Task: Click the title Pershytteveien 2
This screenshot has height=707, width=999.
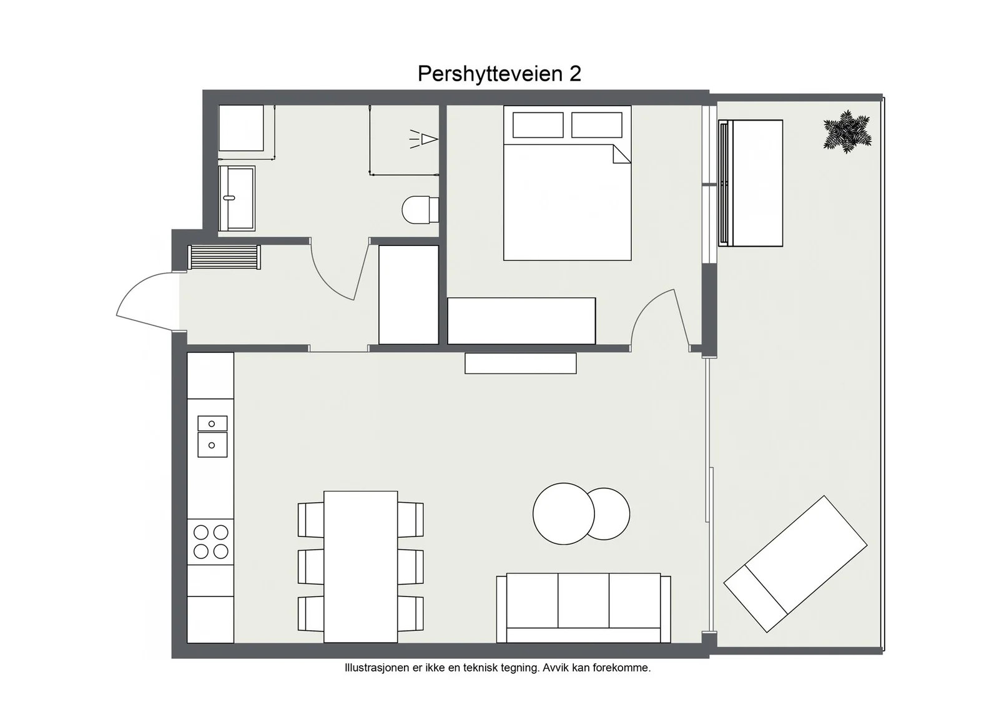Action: point(499,74)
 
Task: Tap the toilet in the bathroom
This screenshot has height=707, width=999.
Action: point(420,210)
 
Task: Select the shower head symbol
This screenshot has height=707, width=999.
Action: point(424,139)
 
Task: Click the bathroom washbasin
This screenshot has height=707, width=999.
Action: point(237,199)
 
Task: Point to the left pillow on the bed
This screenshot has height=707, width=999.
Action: point(538,125)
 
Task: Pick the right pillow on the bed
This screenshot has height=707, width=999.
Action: point(597,125)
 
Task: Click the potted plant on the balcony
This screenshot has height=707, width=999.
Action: point(847,132)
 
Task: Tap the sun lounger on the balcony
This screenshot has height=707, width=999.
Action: point(795,564)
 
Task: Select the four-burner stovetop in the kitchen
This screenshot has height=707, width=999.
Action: point(210,542)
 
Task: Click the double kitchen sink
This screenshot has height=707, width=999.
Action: point(212,436)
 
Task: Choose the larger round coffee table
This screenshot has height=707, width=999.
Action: point(563,514)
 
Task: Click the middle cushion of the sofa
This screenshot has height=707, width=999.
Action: point(583,600)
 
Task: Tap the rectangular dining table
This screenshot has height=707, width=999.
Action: point(360,567)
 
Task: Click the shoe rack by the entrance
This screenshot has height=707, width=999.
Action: point(224,257)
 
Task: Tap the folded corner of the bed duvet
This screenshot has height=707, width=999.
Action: point(622,154)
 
